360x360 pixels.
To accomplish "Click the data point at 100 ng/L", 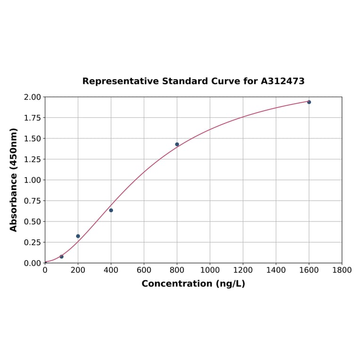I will [x=62, y=257].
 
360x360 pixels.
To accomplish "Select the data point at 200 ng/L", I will [x=78, y=236].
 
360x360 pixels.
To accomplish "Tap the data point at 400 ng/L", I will [x=111, y=210].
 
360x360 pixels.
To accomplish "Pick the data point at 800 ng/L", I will [x=177, y=144].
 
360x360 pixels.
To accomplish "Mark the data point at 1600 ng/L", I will [x=309, y=102].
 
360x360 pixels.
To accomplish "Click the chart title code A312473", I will [x=283, y=81].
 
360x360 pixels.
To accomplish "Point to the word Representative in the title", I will [x=120, y=81].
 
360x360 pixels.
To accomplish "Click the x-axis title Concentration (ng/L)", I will [x=193, y=284].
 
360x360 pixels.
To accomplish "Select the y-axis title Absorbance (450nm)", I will [x=14, y=180].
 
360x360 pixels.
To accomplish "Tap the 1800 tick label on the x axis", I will [x=342, y=270].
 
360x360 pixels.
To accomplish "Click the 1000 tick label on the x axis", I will [x=210, y=270].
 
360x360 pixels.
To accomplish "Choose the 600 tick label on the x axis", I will [x=144, y=270].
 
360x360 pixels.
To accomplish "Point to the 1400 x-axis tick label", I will [x=276, y=270].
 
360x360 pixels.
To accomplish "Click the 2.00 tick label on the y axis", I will [x=33, y=97].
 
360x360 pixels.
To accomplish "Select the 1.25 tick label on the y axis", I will [x=33, y=159].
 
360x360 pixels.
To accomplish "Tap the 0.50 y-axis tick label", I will [x=33, y=221].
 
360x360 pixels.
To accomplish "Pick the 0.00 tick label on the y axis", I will [x=33, y=263].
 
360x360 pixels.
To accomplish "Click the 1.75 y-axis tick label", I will [x=33, y=118].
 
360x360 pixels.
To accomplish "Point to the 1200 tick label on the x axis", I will [x=243, y=270].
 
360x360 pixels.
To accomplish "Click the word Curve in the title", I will [x=226, y=81].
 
